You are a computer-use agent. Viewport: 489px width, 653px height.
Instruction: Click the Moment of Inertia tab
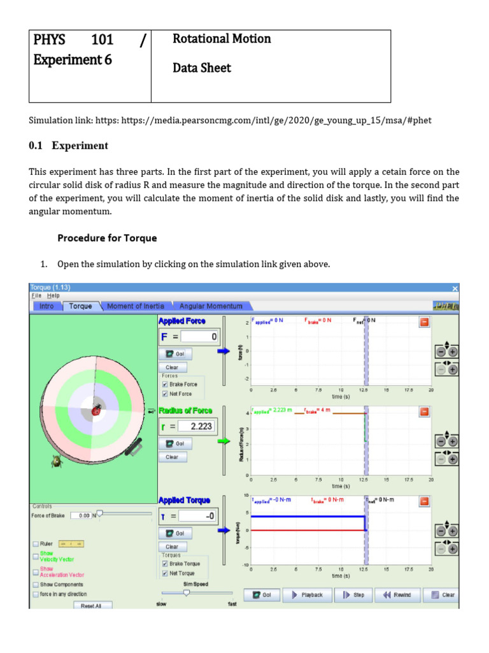point(135,306)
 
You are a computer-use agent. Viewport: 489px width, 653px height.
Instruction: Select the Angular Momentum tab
point(210,306)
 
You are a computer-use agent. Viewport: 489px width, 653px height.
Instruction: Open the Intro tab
point(46,306)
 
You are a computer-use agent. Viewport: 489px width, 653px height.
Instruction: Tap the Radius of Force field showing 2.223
point(198,426)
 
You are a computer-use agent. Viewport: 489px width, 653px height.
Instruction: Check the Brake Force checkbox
point(166,385)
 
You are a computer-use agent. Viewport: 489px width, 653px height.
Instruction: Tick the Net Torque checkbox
point(166,573)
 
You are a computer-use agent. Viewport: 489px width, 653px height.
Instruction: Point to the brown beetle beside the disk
point(56,460)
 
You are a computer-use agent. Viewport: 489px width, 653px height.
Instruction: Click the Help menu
point(53,296)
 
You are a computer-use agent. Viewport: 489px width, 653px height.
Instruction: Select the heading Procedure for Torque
point(107,238)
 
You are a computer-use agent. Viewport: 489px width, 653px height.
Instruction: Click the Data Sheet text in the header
point(202,68)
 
